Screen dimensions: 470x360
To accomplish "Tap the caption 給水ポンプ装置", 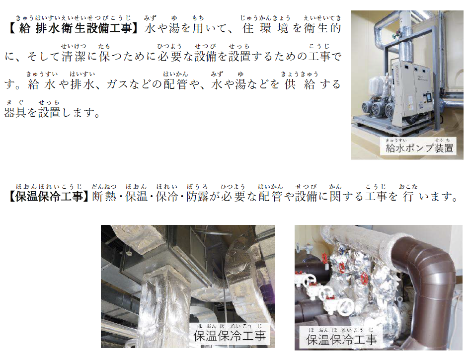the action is coord(419,148).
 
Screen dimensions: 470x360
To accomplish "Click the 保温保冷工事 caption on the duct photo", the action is coord(230,336).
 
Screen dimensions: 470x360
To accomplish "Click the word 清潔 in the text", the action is coord(74,56).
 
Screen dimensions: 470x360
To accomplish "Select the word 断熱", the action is coord(104,197).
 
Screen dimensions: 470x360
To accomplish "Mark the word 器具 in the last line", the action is coord(15,113).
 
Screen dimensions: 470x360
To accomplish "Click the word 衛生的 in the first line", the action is coord(323,28).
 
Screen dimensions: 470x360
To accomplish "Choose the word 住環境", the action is coord(265,28).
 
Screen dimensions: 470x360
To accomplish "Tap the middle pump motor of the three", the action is coord(378,109).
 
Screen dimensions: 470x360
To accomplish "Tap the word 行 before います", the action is coord(408,197).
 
